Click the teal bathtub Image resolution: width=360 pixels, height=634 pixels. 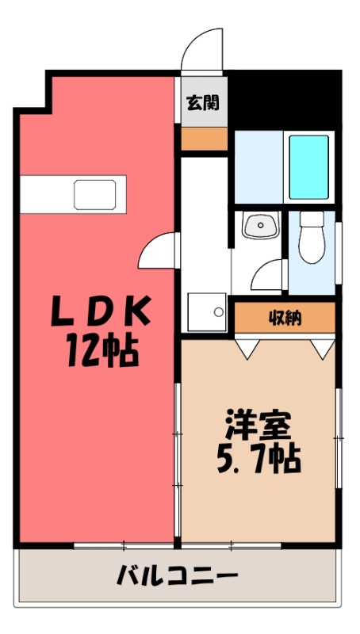point(308,167)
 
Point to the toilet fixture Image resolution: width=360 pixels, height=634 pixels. point(312,238)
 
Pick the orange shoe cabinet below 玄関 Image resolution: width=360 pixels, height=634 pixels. point(203,139)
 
